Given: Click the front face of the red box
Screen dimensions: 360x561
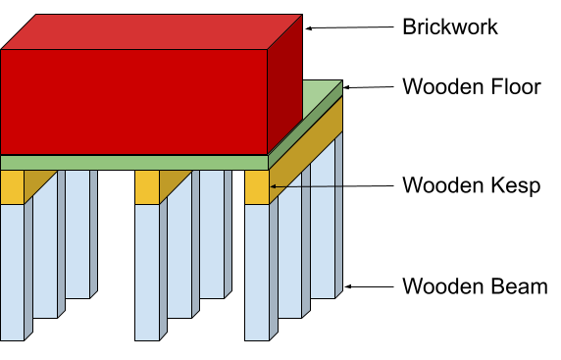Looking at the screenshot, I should tap(133, 102).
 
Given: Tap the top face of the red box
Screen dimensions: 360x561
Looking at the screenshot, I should tap(152, 31).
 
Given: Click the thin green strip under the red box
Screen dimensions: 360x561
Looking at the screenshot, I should tap(133, 163).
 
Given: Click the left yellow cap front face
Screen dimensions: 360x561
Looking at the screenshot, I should tap(12, 187).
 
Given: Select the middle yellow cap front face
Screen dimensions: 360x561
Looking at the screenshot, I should tap(146, 187).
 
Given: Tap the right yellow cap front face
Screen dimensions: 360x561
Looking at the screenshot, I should tap(256, 187).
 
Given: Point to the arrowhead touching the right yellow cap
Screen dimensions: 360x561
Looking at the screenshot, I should tap(273, 186).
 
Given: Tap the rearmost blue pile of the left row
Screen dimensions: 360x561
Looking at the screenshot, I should tap(77, 235).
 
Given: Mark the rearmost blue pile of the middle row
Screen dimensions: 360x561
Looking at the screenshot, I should tap(211, 235).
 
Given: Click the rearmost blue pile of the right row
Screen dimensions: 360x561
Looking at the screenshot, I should tap(323, 226).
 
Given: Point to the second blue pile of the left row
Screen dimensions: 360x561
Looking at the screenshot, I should tap(45, 255).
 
